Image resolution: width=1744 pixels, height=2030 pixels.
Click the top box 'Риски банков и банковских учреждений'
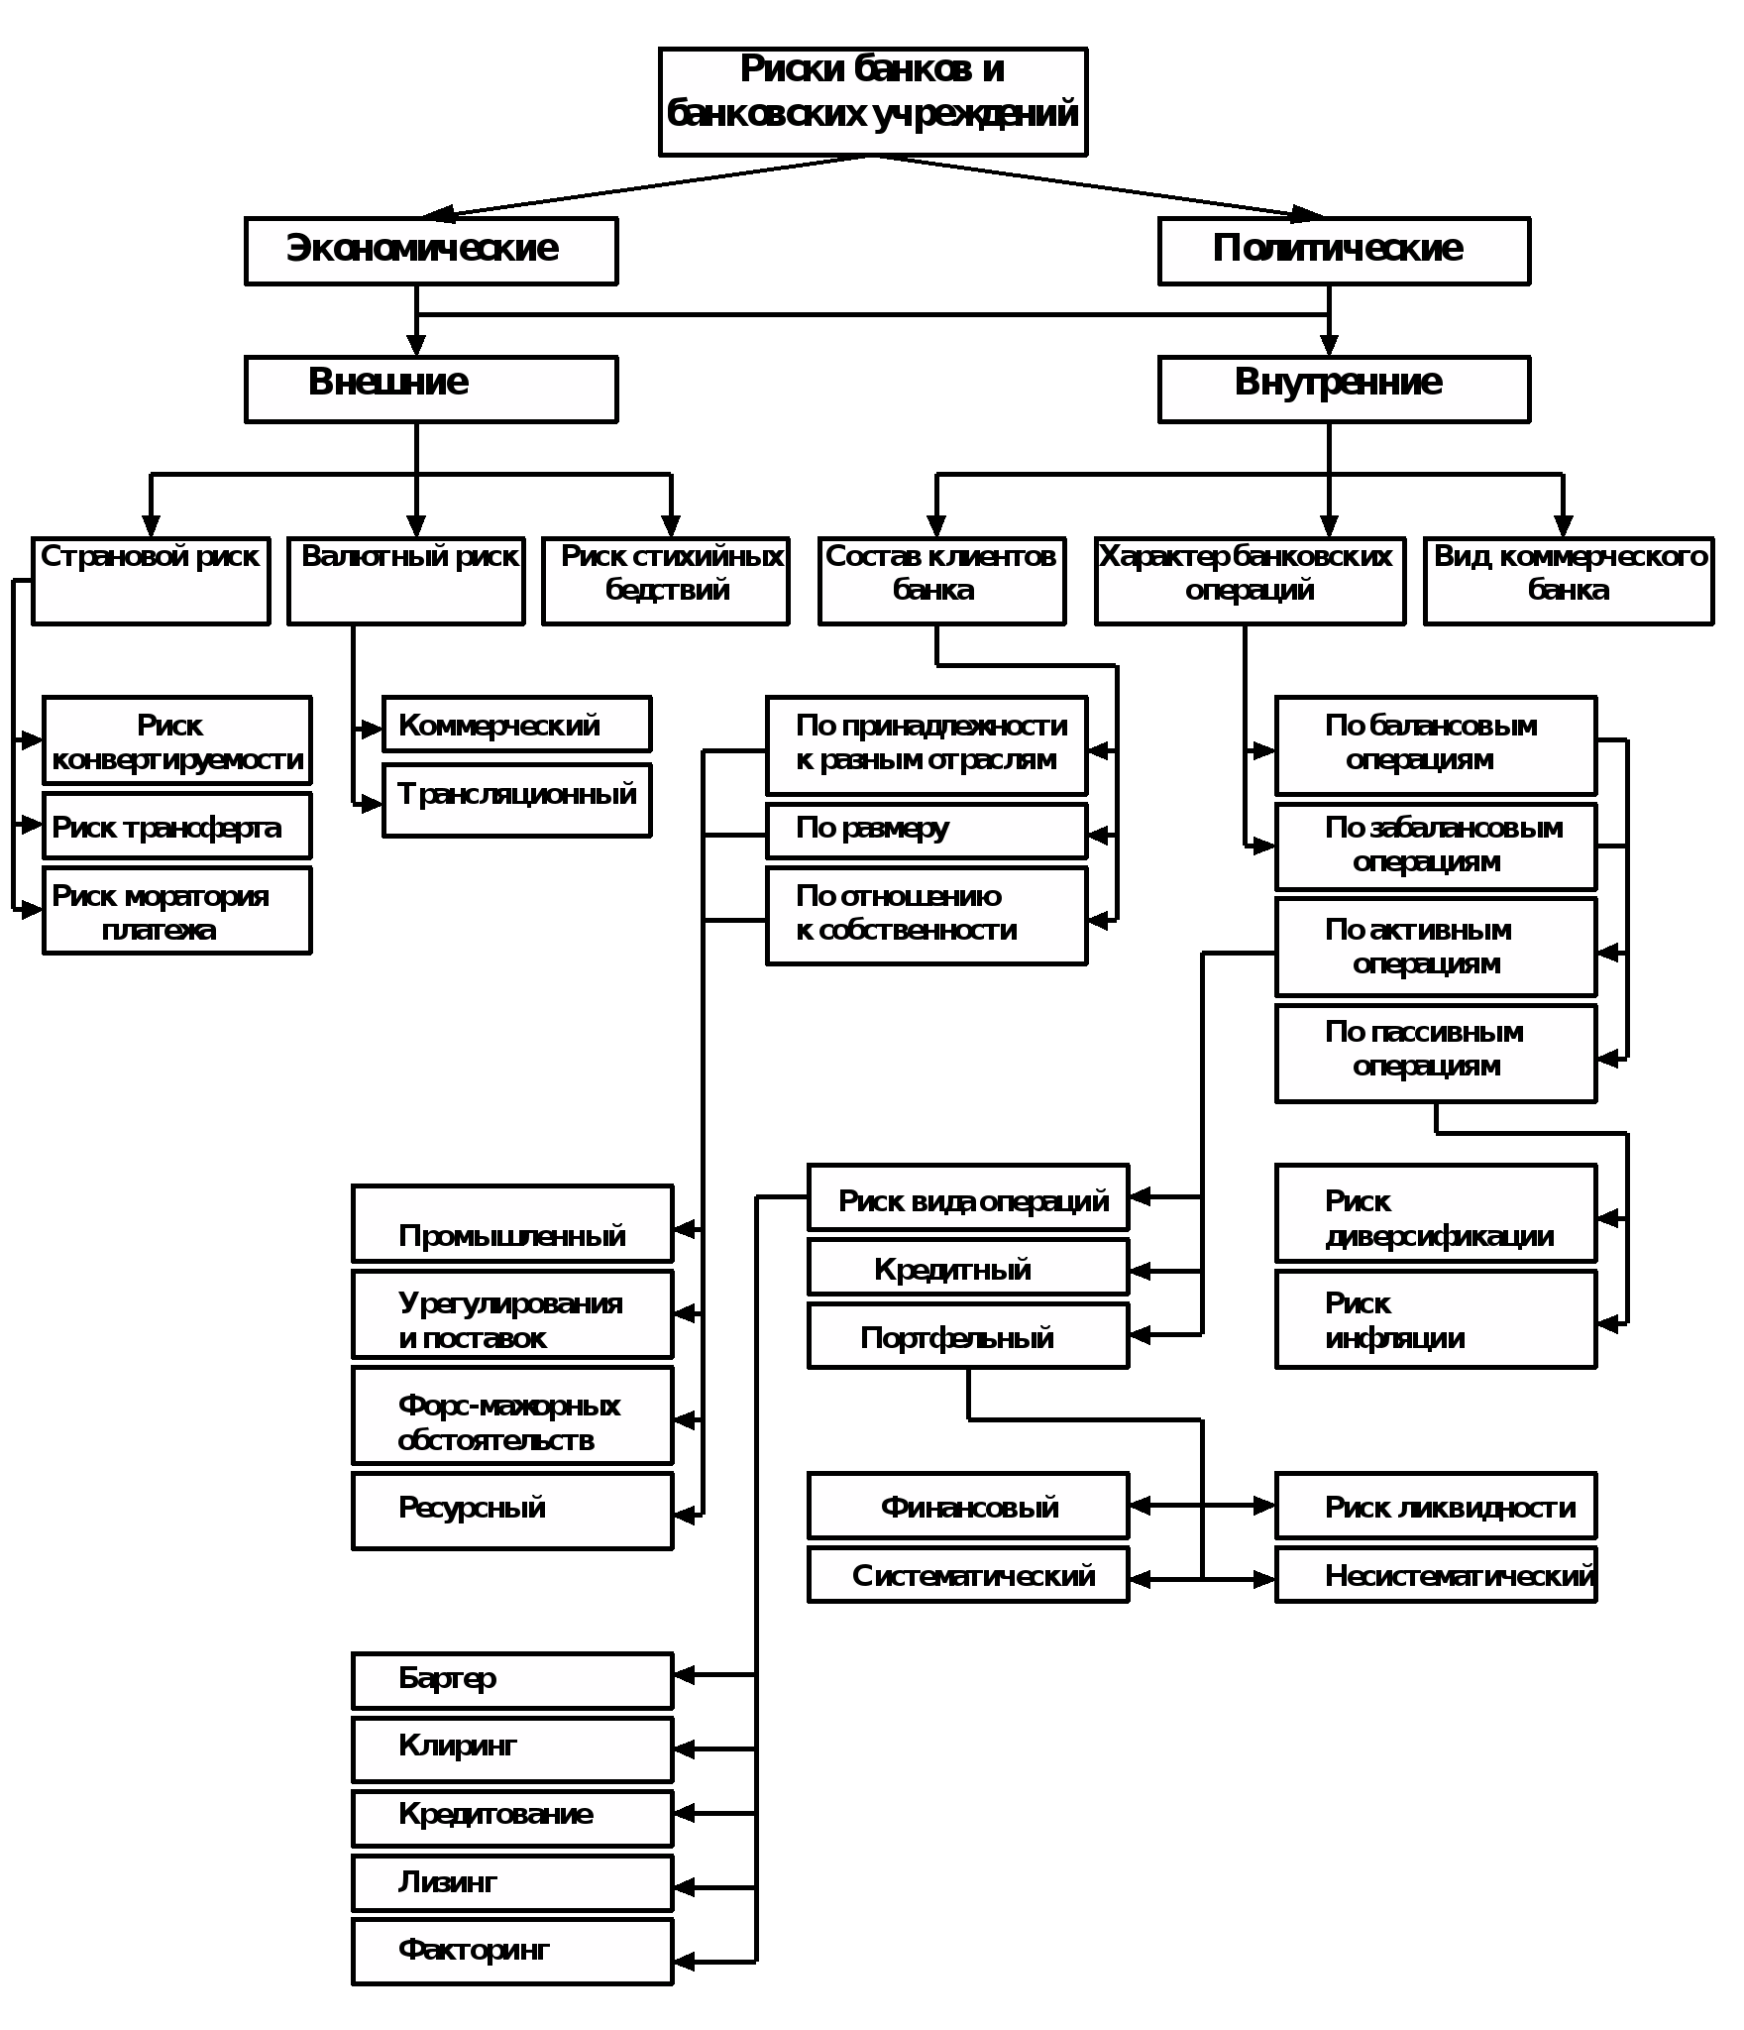click(873, 102)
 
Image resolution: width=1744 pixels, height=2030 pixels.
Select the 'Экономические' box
click(431, 252)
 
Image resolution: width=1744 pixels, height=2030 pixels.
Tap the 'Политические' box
click(1344, 252)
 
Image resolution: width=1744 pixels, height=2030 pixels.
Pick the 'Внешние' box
click(431, 390)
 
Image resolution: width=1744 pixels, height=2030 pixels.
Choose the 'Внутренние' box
click(1344, 390)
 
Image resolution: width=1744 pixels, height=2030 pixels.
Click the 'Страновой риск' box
click(151, 581)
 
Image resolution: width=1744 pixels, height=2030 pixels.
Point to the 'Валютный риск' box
click(406, 581)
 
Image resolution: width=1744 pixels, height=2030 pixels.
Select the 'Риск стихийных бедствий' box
click(666, 581)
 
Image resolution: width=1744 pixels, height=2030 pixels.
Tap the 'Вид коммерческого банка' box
click(1569, 581)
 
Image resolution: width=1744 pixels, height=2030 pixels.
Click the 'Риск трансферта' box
click(177, 826)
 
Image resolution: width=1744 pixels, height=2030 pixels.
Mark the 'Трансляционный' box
click(517, 800)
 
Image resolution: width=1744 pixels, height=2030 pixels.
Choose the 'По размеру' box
click(926, 831)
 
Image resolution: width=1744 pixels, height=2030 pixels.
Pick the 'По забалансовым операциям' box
click(1436, 846)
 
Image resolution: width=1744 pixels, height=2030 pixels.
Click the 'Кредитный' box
click(968, 1268)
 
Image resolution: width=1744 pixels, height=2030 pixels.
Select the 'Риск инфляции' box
click(1436, 1319)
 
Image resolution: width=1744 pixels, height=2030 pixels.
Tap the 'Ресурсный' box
click(512, 1511)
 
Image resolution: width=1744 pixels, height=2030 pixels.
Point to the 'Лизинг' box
click(512, 1882)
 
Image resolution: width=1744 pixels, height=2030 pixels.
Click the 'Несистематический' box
click(1436, 1575)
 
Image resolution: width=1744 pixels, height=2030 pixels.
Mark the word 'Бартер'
click(447, 1678)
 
